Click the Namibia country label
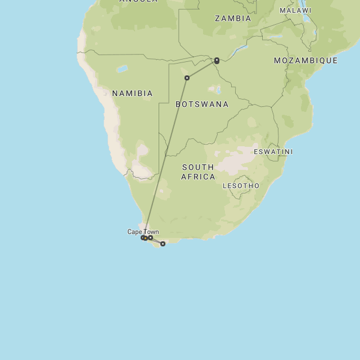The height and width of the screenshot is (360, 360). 132,93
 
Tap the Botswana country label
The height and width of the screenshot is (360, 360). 202,104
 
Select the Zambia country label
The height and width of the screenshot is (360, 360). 233,19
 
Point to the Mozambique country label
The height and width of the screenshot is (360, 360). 305,60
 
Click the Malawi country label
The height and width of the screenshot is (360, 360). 295,11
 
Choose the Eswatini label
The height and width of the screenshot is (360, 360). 273,152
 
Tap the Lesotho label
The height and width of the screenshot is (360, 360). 241,186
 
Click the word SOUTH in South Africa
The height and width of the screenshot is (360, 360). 197,167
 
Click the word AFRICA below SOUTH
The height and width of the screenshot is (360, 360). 198,177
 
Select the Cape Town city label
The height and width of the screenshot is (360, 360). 143,232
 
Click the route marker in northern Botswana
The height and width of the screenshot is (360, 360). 187,78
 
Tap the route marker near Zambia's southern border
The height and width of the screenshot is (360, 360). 217,60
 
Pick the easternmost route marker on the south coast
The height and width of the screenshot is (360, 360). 163,244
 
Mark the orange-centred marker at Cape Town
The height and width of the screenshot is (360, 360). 145,238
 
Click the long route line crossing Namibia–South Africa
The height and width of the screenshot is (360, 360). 166,157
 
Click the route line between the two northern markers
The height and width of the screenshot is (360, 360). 201,69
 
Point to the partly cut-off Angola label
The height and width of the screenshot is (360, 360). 138,2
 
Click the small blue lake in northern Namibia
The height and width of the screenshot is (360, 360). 121,69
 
